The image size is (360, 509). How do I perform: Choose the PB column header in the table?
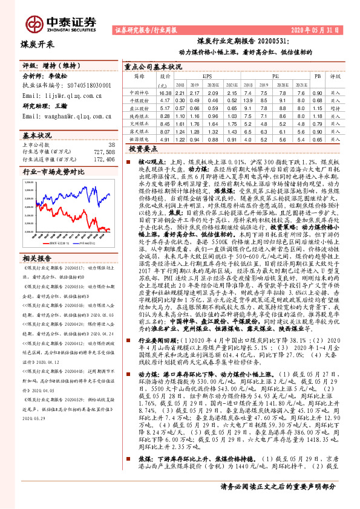point(317,77)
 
